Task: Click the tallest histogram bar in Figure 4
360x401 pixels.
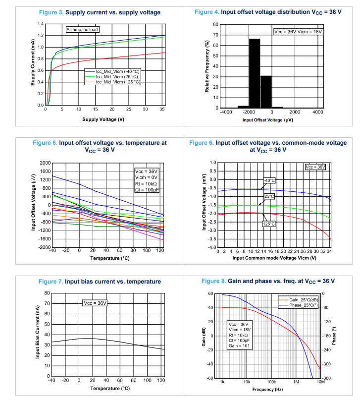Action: pos(254,73)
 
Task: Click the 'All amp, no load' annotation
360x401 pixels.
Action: pos(83,30)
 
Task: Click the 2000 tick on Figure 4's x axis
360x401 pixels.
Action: pos(295,113)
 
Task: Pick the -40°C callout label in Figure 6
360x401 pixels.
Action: pos(269,180)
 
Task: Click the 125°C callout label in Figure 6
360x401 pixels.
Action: pos(269,224)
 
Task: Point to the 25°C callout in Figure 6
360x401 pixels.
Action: pos(269,197)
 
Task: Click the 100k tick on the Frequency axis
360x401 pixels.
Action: pos(271,383)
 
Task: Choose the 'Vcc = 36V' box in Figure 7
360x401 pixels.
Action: pos(94,303)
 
